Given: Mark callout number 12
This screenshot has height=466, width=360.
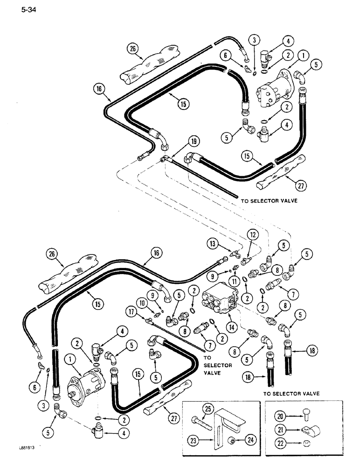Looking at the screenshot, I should (x=253, y=236).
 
